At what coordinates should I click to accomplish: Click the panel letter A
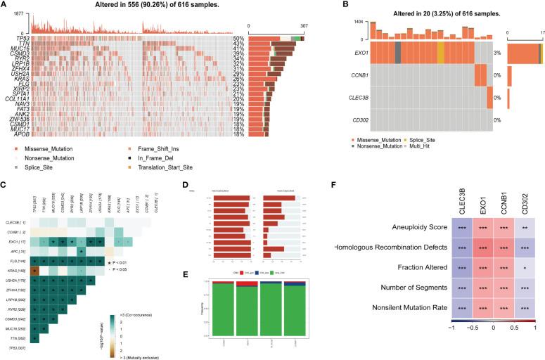[x=5, y=6]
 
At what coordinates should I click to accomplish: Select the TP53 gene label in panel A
[x=21, y=37]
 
